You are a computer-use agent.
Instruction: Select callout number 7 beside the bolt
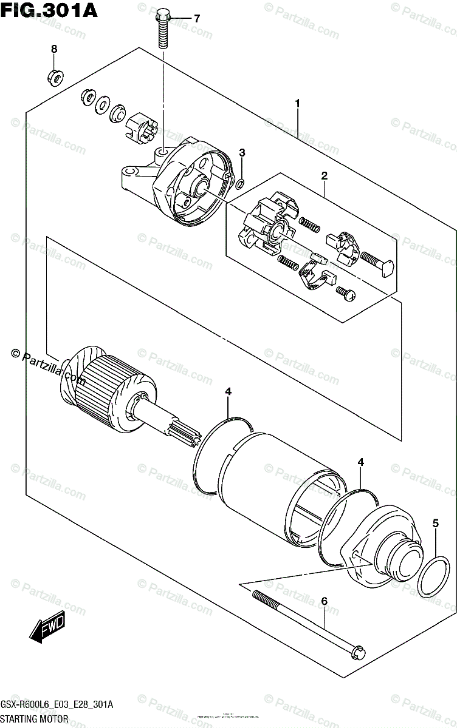click(196, 19)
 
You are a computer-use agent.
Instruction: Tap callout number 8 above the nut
click(53, 49)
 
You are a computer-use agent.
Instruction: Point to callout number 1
click(298, 104)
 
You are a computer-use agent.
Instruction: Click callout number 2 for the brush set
click(325, 176)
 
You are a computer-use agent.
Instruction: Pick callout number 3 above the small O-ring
click(241, 152)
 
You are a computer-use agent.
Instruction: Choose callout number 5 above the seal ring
click(435, 522)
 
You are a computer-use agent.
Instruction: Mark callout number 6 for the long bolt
click(324, 601)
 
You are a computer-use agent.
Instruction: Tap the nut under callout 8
click(54, 77)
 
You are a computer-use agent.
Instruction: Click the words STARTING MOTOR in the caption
click(35, 720)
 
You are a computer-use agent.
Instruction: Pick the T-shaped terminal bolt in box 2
click(378, 261)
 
